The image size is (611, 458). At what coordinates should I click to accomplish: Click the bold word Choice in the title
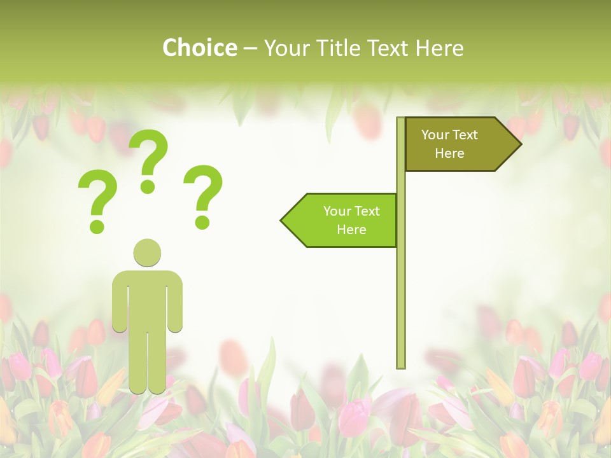pyautogui.click(x=199, y=48)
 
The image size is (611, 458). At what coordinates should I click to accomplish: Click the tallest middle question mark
pyautogui.click(x=149, y=159)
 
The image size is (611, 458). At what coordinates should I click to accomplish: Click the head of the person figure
pyautogui.click(x=147, y=253)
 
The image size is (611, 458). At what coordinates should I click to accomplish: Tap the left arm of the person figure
pyautogui.click(x=119, y=302)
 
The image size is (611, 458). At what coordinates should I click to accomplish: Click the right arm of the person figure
pyautogui.click(x=176, y=302)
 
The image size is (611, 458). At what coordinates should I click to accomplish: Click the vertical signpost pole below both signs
pyautogui.click(x=401, y=305)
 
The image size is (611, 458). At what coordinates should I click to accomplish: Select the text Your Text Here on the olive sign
pyautogui.click(x=449, y=144)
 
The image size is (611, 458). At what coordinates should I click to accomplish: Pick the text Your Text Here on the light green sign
pyautogui.click(x=351, y=220)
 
